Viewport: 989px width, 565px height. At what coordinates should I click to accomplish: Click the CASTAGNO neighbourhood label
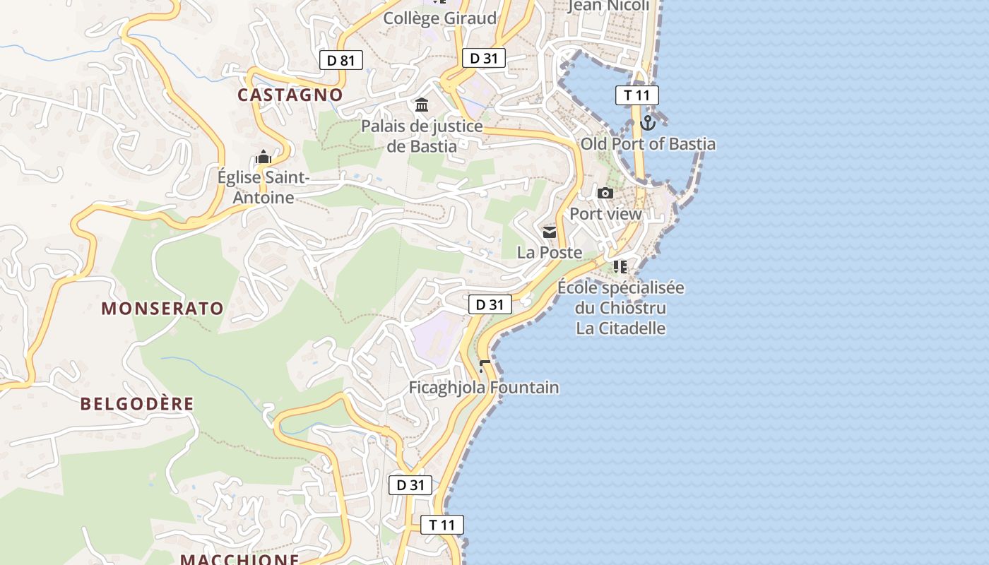[x=290, y=95]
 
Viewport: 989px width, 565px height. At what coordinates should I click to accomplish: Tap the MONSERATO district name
[x=162, y=309]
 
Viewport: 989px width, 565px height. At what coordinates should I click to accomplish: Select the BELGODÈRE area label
[x=137, y=404]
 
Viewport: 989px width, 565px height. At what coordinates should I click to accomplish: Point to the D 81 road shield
[x=340, y=60]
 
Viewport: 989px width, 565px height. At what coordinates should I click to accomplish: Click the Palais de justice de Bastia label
[x=422, y=136]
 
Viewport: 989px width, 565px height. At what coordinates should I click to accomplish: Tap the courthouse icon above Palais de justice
[x=422, y=105]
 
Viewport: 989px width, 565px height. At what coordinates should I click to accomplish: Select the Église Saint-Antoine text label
[x=263, y=188]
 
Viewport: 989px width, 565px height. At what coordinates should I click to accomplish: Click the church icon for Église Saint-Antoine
[x=263, y=157]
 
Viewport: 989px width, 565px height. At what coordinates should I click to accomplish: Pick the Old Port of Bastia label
[x=648, y=144]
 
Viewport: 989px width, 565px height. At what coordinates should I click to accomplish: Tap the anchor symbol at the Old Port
[x=648, y=124]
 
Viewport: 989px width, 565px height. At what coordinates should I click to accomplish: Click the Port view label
[x=605, y=214]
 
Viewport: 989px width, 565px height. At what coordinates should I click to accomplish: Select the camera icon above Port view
[x=605, y=193]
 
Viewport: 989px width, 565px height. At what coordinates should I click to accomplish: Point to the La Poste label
[x=550, y=252]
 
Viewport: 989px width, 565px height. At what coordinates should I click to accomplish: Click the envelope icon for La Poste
[x=550, y=232]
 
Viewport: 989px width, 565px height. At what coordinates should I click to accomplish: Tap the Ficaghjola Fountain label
[x=484, y=388]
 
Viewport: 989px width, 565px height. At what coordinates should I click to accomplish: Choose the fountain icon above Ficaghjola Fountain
[x=485, y=366]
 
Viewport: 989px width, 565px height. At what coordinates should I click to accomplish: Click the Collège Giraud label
[x=439, y=18]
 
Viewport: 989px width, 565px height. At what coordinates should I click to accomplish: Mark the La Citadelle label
[x=621, y=328]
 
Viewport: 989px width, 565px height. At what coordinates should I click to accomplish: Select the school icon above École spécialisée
[x=620, y=266]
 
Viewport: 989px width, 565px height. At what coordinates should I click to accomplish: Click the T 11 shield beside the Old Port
[x=636, y=95]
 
